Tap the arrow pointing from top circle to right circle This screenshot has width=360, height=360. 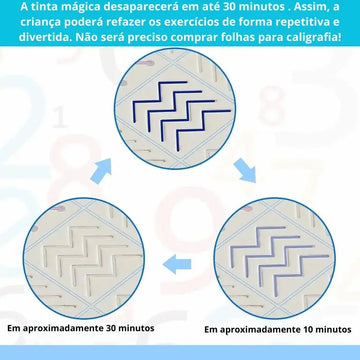pyautogui.click(x=245, y=170)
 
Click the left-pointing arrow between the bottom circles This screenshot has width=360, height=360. pyautogui.click(x=177, y=264)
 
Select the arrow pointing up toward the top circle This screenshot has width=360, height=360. pyautogui.click(x=100, y=171)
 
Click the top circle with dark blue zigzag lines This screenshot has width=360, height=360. pyautogui.click(x=175, y=109)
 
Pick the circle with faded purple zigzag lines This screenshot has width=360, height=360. pyautogui.click(x=274, y=258)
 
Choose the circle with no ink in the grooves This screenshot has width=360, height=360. pyautogui.click(x=84, y=258)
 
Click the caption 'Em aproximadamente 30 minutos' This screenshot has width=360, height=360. pyautogui.click(x=81, y=328)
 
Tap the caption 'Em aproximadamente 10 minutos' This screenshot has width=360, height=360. pyautogui.click(x=278, y=330)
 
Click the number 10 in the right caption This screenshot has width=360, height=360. pyautogui.click(x=309, y=329)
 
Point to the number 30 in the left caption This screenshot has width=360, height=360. pyautogui.click(x=112, y=328)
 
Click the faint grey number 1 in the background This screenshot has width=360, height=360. pyautogui.click(x=60, y=117)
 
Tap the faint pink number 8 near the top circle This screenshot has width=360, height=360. pyautogui.click(x=272, y=105)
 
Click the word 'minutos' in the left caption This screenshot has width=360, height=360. pyautogui.click(x=137, y=328)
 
